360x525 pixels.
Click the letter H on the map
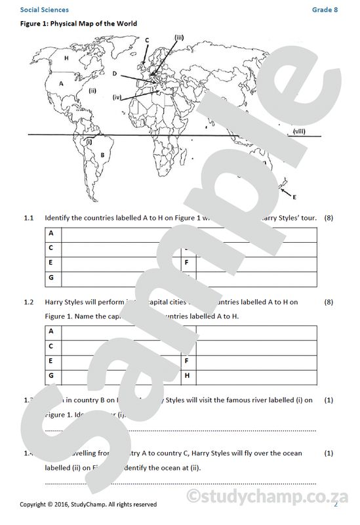(x=67, y=58)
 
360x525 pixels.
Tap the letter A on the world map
(x=61, y=83)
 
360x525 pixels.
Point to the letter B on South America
(x=102, y=155)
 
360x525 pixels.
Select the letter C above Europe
(x=147, y=40)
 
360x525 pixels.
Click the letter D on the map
(x=114, y=74)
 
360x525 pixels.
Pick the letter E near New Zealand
(x=294, y=196)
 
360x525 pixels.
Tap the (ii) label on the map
(x=92, y=91)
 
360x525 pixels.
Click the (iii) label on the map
(x=179, y=36)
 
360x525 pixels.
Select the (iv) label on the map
(x=117, y=97)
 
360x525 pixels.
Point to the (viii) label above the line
(x=299, y=131)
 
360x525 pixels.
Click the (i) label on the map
(x=89, y=140)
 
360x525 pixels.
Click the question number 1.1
(x=28, y=217)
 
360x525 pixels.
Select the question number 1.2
(x=28, y=302)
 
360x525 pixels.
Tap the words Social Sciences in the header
(x=44, y=10)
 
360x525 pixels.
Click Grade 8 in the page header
(x=325, y=10)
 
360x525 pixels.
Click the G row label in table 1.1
(x=50, y=278)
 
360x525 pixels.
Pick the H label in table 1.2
(x=187, y=376)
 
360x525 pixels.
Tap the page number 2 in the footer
(x=336, y=504)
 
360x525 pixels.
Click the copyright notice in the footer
(x=89, y=504)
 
